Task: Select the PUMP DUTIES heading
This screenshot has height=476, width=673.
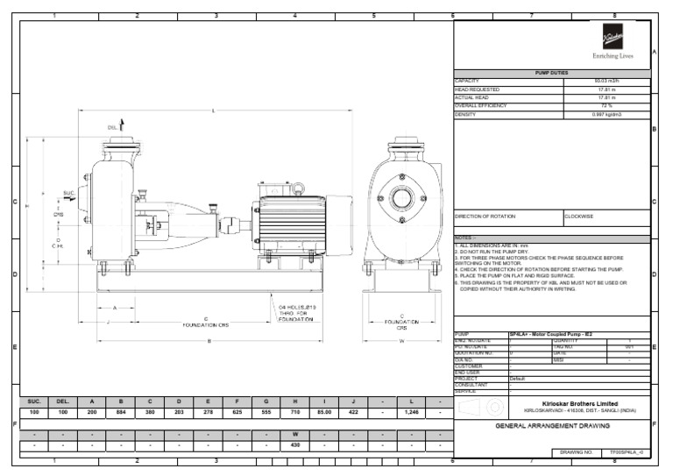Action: pos(551,73)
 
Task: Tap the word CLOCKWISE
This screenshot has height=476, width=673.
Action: pos(579,216)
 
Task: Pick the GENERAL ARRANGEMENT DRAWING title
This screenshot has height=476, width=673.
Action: pos(551,425)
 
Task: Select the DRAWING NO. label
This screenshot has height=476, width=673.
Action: pos(577,453)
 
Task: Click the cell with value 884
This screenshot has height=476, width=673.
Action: pos(120,411)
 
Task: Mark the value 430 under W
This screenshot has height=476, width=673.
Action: pos(295,445)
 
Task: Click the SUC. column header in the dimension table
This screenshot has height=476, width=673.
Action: pos(33,400)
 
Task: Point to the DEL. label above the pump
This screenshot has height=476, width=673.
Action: pos(113,128)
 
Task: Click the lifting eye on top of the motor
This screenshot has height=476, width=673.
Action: pos(298,187)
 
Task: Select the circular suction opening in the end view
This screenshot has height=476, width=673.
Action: pos(402,198)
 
